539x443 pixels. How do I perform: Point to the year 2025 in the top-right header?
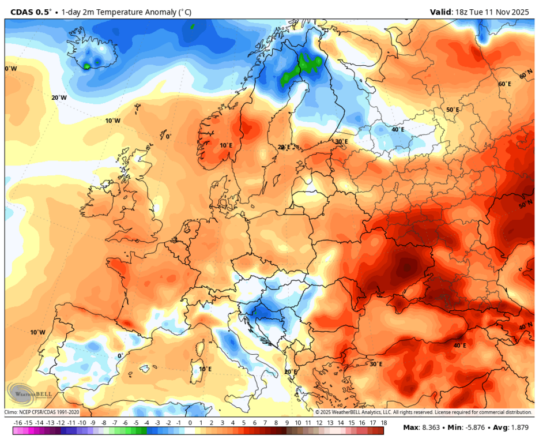(521, 11)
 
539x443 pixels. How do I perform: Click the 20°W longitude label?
(59, 98)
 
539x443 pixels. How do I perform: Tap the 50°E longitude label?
(453, 110)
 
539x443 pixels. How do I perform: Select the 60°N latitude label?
(525, 76)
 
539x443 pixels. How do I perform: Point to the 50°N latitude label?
(525, 205)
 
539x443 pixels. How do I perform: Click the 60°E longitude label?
(504, 84)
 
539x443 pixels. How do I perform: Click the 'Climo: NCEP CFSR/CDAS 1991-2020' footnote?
(42, 412)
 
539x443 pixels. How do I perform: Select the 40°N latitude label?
(525, 326)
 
